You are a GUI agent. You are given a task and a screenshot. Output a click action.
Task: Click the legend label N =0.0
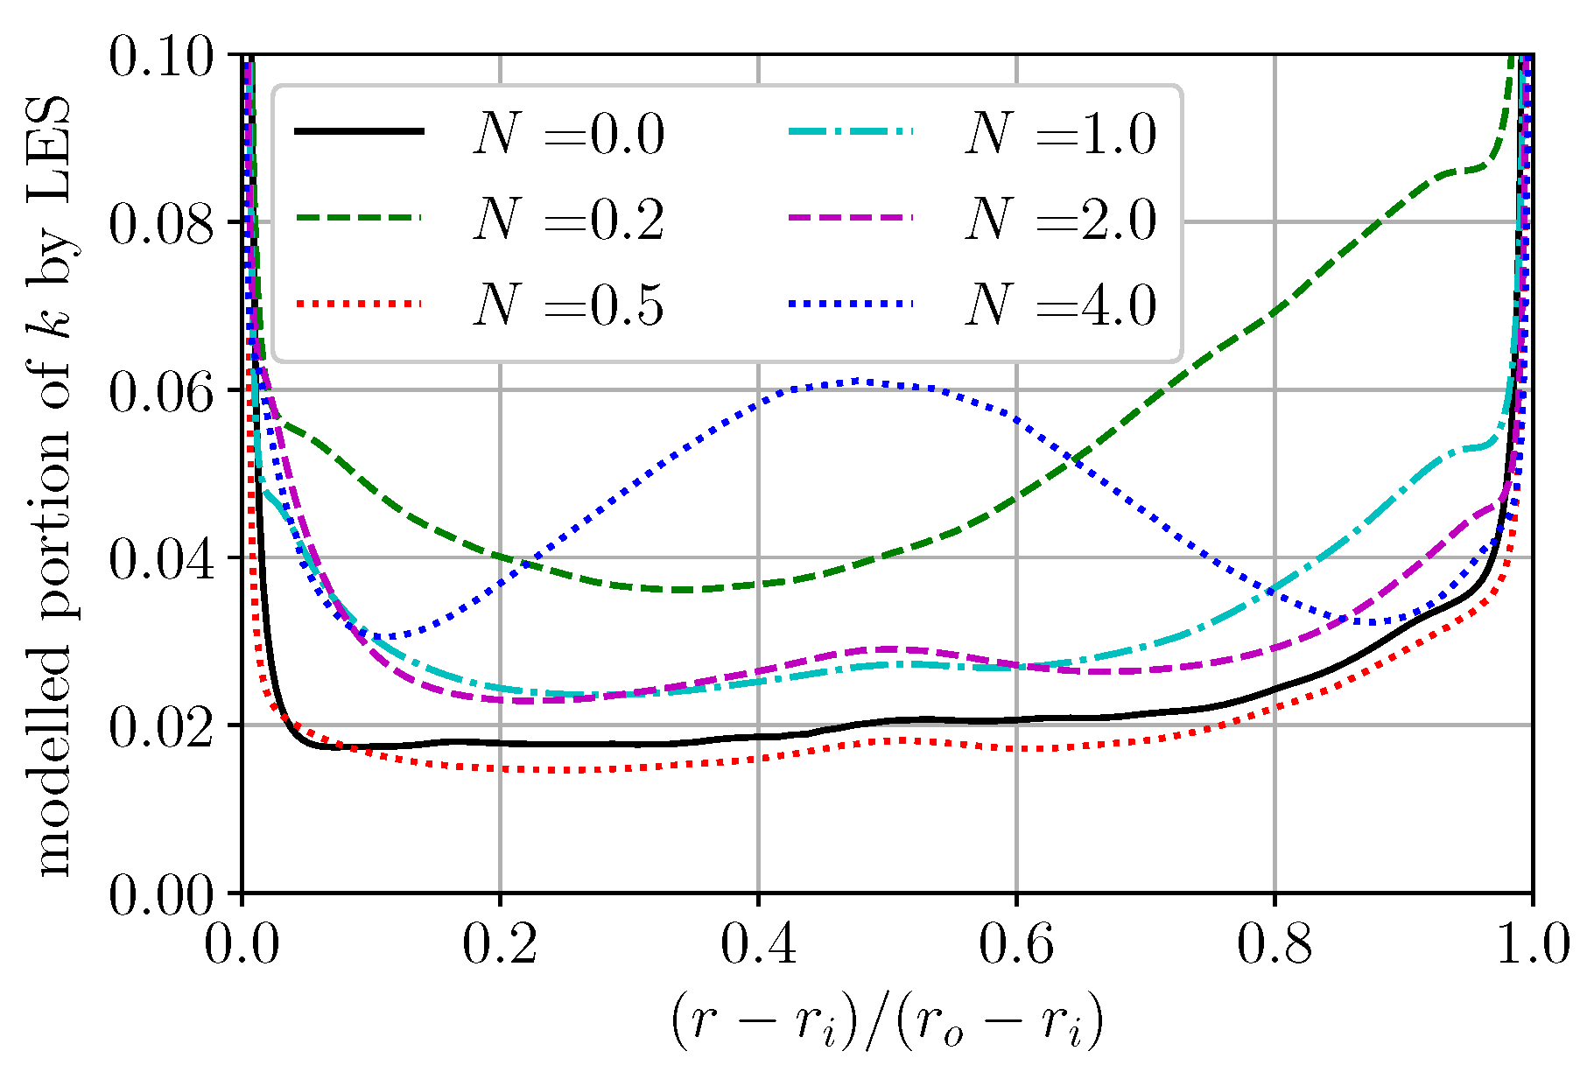[569, 135]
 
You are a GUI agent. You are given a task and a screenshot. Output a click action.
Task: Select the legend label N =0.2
[569, 221]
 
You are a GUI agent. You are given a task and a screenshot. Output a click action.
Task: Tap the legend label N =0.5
[569, 306]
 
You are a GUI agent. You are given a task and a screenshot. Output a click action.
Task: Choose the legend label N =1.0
[1061, 135]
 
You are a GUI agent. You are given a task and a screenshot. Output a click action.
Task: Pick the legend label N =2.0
[1061, 221]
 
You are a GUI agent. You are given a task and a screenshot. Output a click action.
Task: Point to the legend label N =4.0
[1061, 306]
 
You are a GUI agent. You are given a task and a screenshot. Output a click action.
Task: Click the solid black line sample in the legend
[359, 132]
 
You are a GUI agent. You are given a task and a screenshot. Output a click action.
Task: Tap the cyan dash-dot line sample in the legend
[851, 132]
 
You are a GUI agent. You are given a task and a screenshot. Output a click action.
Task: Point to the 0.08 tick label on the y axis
[161, 224]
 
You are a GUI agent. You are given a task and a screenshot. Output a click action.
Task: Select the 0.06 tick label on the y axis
[161, 392]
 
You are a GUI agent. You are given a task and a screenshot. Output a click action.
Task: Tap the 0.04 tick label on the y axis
[161, 560]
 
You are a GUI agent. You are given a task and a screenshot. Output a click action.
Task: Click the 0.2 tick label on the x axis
[499, 945]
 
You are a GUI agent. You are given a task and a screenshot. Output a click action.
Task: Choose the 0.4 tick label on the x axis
[758, 945]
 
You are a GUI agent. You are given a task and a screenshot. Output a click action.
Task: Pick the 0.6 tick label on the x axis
[1015, 945]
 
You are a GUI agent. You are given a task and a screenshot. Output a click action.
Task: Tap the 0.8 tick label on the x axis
[1274, 945]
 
